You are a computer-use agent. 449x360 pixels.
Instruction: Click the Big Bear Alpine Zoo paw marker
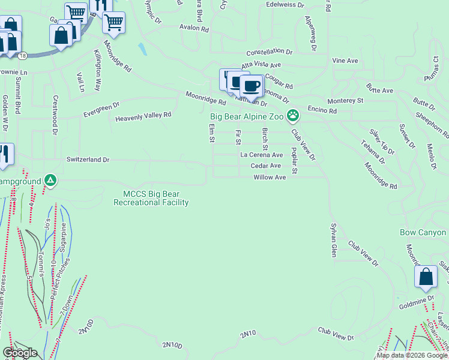coord(293,115)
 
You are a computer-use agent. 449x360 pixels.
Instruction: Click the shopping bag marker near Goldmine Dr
coord(426,277)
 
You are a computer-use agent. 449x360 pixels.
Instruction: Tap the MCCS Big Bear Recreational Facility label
coord(151,198)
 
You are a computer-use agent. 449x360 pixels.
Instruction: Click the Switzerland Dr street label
coord(88,160)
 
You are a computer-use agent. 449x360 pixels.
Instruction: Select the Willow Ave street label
coord(270,178)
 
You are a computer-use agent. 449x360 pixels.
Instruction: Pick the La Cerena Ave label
coord(262,155)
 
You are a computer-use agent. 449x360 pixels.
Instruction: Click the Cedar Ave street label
coord(266,166)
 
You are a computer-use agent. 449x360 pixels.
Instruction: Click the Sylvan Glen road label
coord(333,241)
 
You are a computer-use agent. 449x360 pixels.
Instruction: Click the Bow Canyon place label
coord(423,232)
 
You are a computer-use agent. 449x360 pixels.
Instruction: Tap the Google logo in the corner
coord(20,353)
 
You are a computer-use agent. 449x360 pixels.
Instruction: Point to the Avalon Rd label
coord(194,28)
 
